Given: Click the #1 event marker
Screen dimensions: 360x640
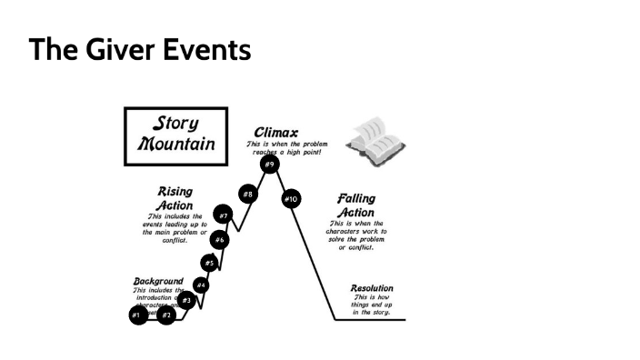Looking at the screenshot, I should point(135,315).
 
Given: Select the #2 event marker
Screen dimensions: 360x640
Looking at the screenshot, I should point(166,315).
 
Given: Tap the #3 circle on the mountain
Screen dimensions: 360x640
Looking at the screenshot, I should point(186,300).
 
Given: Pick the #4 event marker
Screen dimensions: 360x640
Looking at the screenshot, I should point(201,285).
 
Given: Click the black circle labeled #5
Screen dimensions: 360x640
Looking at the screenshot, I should point(209,263).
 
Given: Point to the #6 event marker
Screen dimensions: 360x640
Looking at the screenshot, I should point(220,240).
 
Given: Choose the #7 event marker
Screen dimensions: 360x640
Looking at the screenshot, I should point(224,216).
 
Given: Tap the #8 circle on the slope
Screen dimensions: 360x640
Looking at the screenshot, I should point(247,195).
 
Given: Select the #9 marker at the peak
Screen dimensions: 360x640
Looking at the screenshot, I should point(269,165).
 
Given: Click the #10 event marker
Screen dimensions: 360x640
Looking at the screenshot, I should point(291,198).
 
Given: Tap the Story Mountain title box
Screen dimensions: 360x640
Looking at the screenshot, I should point(176,135).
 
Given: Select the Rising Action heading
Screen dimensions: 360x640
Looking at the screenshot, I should point(175,199).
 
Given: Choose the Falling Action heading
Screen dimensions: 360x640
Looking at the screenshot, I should point(355,205).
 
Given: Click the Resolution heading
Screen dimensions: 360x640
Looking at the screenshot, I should point(372,288).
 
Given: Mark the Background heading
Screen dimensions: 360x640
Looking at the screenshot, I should point(158,281).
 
